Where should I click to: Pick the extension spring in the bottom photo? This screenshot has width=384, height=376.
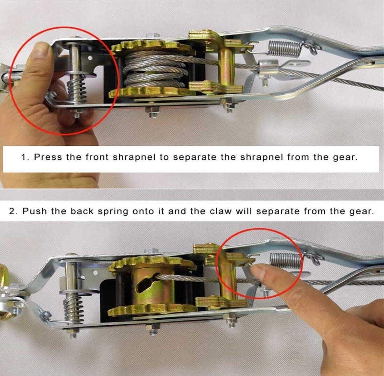click(x=285, y=261)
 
